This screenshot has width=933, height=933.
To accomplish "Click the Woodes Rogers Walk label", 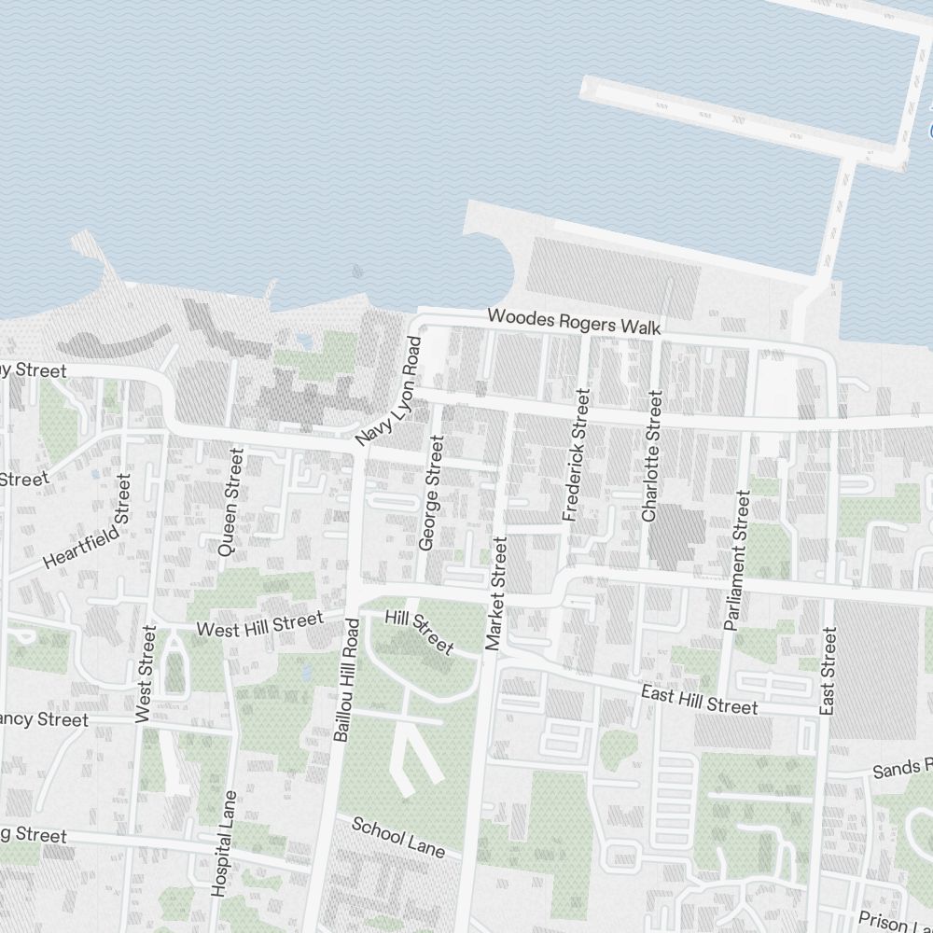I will pyautogui.click(x=574, y=323).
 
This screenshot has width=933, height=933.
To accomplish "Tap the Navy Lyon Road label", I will pyautogui.click(x=389, y=391).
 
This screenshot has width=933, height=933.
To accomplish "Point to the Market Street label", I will pyautogui.click(x=495, y=592).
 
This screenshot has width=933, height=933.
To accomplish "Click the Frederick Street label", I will pyautogui.click(x=577, y=456).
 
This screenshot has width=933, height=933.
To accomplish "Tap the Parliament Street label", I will pyautogui.click(x=736, y=562).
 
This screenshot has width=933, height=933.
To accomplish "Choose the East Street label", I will pyautogui.click(x=827, y=672).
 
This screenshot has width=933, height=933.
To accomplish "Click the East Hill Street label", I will pyautogui.click(x=700, y=700).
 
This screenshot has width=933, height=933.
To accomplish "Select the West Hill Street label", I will pyautogui.click(x=260, y=623).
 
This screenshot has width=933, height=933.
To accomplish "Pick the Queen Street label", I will pyautogui.click(x=230, y=502).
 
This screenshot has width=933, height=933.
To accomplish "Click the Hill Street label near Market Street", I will pyautogui.click(x=420, y=632).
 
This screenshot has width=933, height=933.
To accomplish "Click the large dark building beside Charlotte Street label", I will pyautogui.click(x=677, y=536).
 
